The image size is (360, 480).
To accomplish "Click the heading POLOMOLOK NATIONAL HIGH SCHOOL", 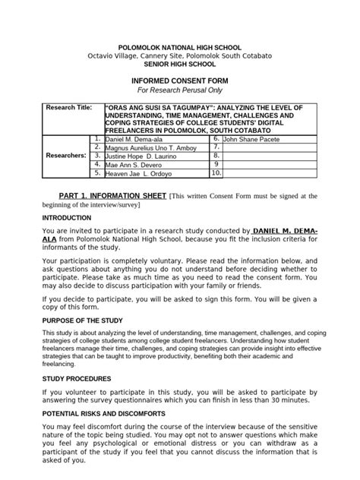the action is pos(179,47).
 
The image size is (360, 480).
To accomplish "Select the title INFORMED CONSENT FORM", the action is pos(179,79).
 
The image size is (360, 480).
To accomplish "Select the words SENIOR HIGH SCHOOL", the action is pos(179,64).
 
